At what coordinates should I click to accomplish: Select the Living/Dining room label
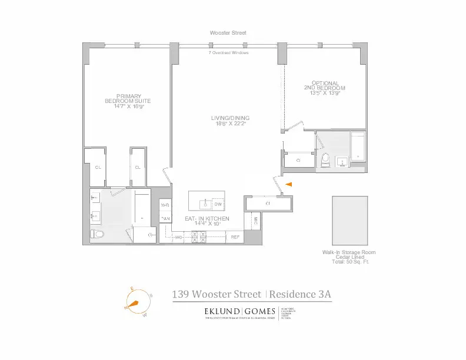pos(228,121)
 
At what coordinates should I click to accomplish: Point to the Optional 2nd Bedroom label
pos(324,88)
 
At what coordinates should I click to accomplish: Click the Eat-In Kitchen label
pos(207,221)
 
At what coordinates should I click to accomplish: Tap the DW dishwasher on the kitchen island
pos(218,204)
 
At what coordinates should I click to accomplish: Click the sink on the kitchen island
pos(205,204)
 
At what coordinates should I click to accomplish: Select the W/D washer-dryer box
pos(165,205)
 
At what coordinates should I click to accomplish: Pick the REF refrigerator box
pos(235,237)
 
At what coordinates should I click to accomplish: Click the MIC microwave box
pos(255,222)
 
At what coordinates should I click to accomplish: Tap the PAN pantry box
pos(165,219)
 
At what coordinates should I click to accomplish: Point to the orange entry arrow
pos(288,185)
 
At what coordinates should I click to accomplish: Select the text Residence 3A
pos(305,294)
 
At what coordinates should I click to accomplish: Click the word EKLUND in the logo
pos(222,311)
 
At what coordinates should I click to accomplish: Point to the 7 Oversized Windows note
pos(228,53)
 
